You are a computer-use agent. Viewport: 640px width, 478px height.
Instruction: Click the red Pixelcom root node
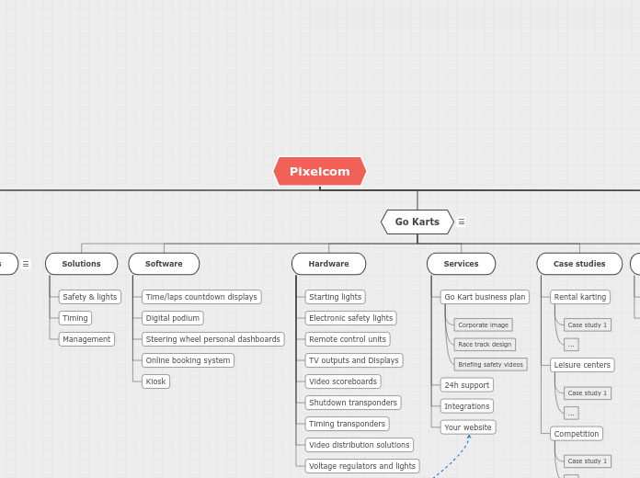[x=320, y=171]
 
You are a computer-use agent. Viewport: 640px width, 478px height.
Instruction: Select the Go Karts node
[x=417, y=222]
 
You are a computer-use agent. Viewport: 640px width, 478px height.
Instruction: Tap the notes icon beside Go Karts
[x=462, y=222]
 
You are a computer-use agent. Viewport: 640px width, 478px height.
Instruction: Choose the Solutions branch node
[x=81, y=264]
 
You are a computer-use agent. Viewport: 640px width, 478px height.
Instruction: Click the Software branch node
[x=164, y=264]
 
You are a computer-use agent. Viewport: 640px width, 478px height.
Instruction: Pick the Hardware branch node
[x=328, y=264]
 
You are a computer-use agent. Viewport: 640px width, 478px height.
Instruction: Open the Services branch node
[x=461, y=264]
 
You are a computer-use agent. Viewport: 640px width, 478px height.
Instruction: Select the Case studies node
[x=579, y=264]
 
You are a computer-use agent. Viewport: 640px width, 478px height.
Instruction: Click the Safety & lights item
[x=89, y=297]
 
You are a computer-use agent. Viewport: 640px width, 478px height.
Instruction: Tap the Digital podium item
[x=173, y=318]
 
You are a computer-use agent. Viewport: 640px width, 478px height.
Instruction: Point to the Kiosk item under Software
[x=155, y=381]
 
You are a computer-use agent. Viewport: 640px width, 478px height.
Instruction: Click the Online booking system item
[x=188, y=360]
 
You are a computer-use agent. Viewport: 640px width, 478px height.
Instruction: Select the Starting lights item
[x=335, y=297]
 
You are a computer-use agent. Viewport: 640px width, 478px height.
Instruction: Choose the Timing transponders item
[x=347, y=424]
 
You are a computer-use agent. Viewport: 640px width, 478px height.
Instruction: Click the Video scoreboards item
[x=342, y=381]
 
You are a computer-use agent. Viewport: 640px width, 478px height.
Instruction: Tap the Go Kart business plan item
[x=485, y=297]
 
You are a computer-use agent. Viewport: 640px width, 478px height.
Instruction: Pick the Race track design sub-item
[x=485, y=345]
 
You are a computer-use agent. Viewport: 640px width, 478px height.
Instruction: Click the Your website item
[x=467, y=427]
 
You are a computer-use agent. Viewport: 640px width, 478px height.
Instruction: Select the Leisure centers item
[x=582, y=365]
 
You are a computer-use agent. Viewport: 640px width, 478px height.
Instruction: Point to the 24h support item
[x=466, y=385]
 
